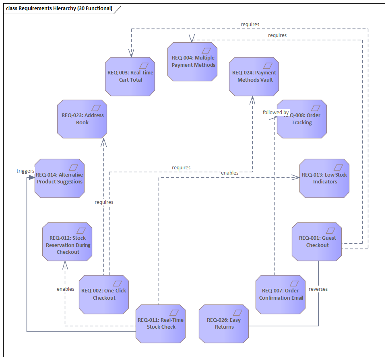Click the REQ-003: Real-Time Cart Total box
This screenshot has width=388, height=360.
(x=130, y=76)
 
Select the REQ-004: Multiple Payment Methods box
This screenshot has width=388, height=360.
(x=192, y=62)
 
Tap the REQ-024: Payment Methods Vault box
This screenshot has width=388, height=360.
(x=254, y=76)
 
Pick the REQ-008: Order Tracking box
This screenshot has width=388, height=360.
(x=301, y=119)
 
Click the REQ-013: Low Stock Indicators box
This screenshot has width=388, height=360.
(x=324, y=178)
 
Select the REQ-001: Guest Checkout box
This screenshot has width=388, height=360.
(x=317, y=241)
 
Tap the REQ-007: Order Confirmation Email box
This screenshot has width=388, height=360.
(x=280, y=294)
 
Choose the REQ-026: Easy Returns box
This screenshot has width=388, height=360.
(x=224, y=323)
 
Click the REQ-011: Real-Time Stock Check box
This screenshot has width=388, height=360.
(x=160, y=323)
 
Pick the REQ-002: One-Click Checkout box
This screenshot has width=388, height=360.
(x=104, y=294)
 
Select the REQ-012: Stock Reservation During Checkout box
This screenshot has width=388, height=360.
(x=67, y=241)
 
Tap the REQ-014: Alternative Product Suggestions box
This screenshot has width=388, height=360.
(x=60, y=178)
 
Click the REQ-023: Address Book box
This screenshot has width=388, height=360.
(x=82, y=119)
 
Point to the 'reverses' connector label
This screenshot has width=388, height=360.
(x=318, y=289)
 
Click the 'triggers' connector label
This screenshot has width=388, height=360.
(x=25, y=171)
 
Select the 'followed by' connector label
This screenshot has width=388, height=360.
(x=276, y=112)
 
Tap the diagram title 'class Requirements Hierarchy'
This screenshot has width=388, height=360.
(x=59, y=8)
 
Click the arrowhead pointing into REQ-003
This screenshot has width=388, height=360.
(x=131, y=53)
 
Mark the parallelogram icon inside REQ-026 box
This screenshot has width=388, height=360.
(x=237, y=313)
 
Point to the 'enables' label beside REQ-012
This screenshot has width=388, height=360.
(x=65, y=289)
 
